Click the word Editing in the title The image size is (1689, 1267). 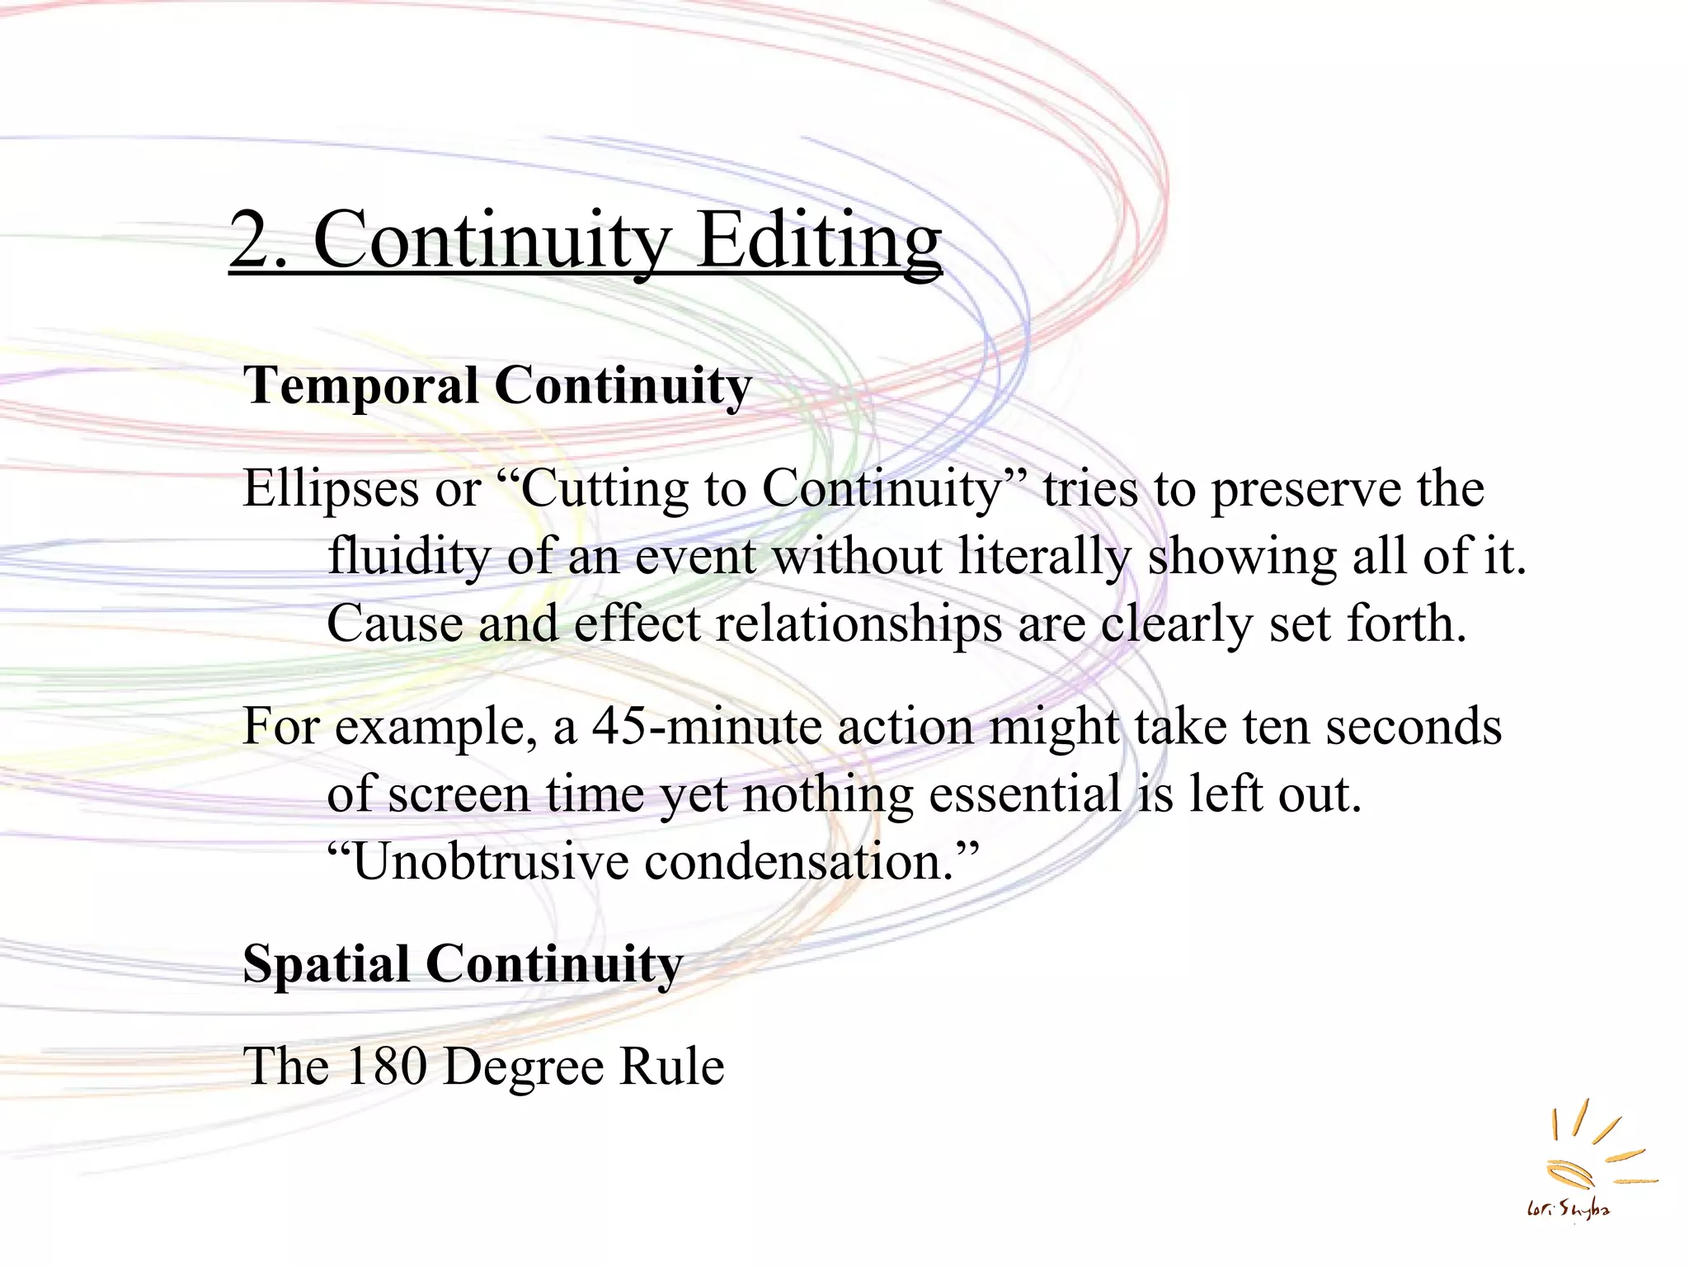pyautogui.click(x=819, y=240)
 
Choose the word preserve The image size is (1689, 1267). pyautogui.click(x=1306, y=489)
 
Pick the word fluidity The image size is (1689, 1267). pyautogui.click(x=408, y=556)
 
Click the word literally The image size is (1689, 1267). pyautogui.click(x=1044, y=556)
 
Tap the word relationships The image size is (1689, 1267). pyautogui.click(x=859, y=624)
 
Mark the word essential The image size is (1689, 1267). pyautogui.click(x=1025, y=794)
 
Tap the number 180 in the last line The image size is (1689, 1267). pyautogui.click(x=385, y=1066)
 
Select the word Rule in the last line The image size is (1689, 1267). pyautogui.click(x=671, y=1066)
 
